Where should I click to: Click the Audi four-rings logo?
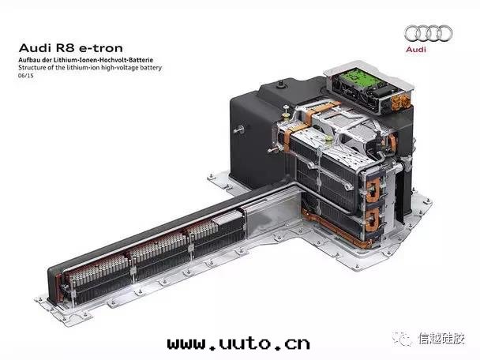[x=428, y=34]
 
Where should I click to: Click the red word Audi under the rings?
[x=416, y=49]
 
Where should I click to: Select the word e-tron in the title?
[x=101, y=48]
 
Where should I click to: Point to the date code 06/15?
[x=26, y=75]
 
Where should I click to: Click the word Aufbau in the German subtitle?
[x=29, y=60]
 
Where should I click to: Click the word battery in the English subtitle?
[x=151, y=68]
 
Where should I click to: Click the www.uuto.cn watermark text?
[x=238, y=343]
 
